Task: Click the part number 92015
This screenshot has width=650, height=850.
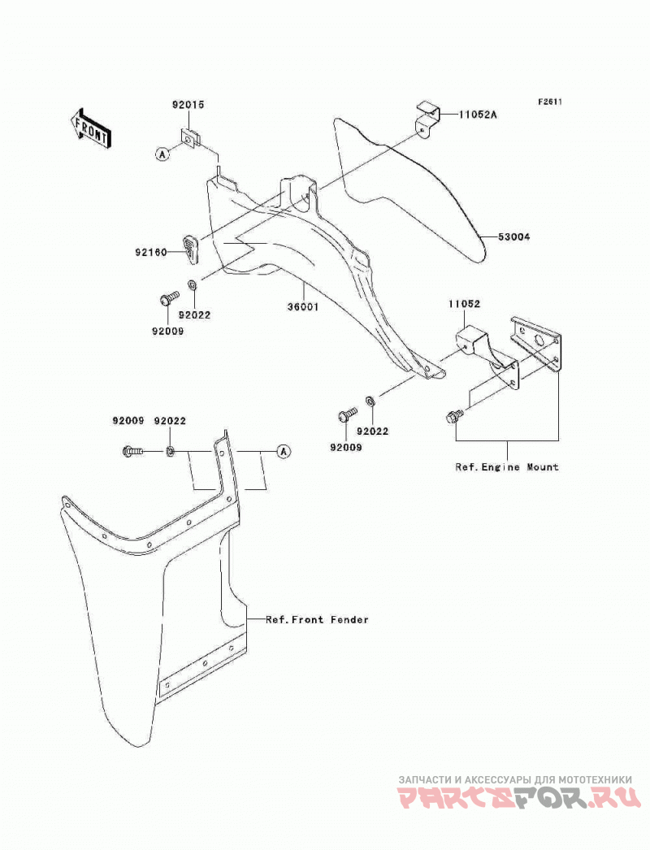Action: (188, 105)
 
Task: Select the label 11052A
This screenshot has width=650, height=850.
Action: (478, 115)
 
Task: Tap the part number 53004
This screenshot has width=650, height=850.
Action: (514, 237)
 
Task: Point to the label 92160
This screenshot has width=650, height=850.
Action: (151, 252)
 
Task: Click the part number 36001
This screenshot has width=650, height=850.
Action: (303, 307)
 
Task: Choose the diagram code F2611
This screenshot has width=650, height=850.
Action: (550, 102)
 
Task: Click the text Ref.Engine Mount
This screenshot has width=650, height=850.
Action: (507, 466)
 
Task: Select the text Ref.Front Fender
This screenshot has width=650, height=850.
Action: (317, 619)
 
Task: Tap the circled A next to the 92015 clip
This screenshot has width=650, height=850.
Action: (162, 154)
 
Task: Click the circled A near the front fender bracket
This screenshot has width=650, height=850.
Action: (284, 451)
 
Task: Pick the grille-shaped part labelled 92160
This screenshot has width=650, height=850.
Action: (189, 249)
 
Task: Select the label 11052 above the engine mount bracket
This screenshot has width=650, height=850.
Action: (464, 304)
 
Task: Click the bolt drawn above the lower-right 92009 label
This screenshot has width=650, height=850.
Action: (347, 414)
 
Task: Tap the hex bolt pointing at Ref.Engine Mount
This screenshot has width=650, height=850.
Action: (453, 416)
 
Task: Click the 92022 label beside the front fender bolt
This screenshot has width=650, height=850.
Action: (170, 421)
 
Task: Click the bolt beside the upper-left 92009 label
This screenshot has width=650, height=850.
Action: (169, 298)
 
